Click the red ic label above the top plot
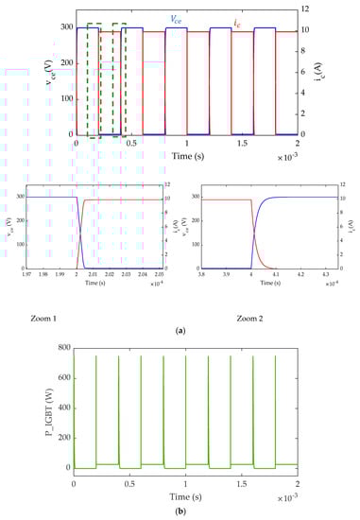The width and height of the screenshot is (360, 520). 234,17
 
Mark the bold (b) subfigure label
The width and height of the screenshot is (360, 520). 180,511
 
